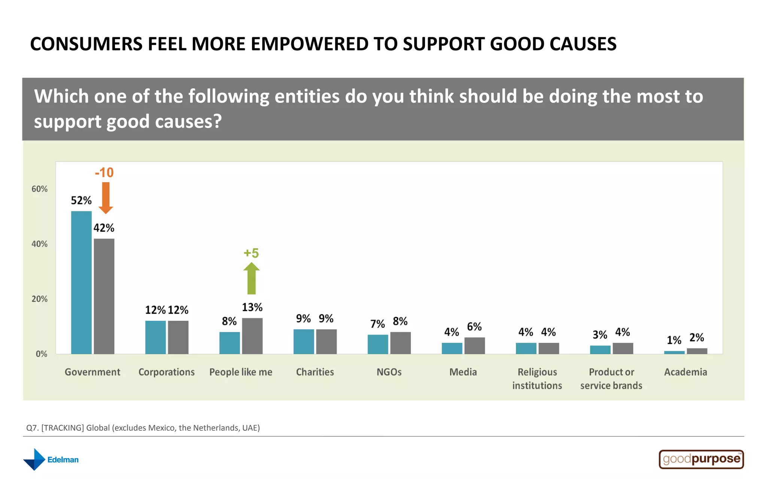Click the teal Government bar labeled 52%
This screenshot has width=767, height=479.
click(x=81, y=283)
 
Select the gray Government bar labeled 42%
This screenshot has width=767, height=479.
click(x=104, y=296)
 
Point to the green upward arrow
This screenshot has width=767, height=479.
click(x=251, y=278)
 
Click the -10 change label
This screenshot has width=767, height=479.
click(x=104, y=173)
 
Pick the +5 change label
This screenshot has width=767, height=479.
click(x=251, y=253)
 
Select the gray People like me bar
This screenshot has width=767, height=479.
click(x=252, y=336)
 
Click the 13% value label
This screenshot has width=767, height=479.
click(x=252, y=308)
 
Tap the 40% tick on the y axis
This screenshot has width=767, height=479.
click(x=39, y=244)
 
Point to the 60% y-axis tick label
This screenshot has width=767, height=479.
click(x=39, y=189)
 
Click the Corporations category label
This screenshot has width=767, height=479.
click(x=166, y=372)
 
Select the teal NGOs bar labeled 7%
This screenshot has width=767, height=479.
click(x=378, y=344)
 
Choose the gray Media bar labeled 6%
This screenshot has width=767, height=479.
click(x=475, y=345)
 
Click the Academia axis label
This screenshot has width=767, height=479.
click(x=685, y=372)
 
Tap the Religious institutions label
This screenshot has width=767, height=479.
click(x=537, y=379)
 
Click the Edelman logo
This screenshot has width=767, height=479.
click(x=51, y=460)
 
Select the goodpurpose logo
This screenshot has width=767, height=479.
click(x=701, y=459)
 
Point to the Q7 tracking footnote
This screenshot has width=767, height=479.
click(x=143, y=428)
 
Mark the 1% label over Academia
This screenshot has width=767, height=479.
click(x=674, y=340)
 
